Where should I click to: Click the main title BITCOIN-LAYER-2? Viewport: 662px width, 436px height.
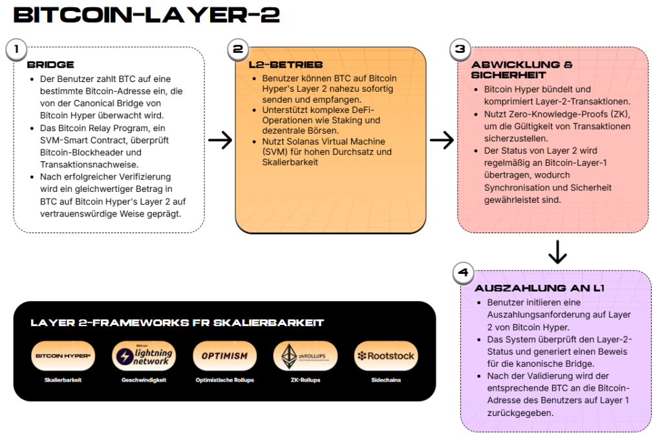point(146,16)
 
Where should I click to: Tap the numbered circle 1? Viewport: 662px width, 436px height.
point(17,49)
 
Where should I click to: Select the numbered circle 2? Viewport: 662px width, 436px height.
point(238,49)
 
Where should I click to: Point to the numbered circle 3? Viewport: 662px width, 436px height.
point(460,49)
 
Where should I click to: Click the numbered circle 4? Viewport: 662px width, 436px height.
point(463,273)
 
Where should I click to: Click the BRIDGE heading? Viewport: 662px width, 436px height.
point(50,65)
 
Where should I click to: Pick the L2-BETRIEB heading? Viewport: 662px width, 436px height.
point(285,65)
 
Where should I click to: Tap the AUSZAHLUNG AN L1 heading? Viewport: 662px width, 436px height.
point(539,288)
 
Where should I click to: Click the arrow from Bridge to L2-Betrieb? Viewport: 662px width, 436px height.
point(220,140)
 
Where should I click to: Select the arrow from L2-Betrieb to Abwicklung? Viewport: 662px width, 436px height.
point(442,140)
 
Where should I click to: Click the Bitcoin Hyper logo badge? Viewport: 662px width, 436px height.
point(63,356)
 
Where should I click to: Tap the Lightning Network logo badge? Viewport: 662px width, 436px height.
point(144,356)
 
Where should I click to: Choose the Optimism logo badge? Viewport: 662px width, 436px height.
point(224,356)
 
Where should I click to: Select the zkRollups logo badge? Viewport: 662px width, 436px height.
point(304,356)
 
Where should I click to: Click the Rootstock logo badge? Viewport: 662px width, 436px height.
point(385,356)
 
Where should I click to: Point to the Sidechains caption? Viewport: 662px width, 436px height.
point(385,380)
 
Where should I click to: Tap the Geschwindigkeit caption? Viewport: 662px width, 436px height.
point(144,380)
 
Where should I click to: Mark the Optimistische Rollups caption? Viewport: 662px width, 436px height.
point(224,380)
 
